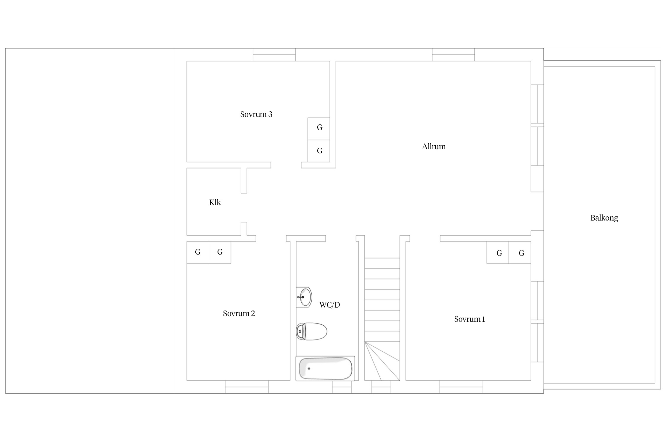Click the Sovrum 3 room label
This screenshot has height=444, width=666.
pos(256,114)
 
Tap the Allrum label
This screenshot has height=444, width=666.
pos(434,147)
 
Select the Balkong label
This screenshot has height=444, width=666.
pos(604,218)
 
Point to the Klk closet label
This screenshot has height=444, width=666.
pos(215,202)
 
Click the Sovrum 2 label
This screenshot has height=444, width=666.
pos(239,313)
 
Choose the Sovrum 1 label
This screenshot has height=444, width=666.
pos(469,319)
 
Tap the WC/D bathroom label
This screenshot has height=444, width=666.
pos(329,305)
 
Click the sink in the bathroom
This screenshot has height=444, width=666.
pos(304,297)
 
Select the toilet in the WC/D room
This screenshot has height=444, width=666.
pos(312,331)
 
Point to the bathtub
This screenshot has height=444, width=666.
pos(325,369)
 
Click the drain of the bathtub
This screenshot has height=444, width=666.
pos(309,369)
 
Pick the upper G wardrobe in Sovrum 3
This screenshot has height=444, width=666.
pos(319,129)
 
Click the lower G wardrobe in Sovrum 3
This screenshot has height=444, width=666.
pos(319,151)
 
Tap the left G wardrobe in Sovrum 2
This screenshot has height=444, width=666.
pos(198,252)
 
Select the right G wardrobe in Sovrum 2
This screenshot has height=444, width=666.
pos(220,252)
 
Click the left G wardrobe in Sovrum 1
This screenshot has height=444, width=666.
pos(498,252)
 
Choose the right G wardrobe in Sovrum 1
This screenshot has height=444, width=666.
pos(520,252)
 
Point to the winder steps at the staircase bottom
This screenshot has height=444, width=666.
pos(382,361)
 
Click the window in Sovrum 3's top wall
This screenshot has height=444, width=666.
pos(274,55)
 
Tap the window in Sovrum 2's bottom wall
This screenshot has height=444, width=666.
pos(247,387)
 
